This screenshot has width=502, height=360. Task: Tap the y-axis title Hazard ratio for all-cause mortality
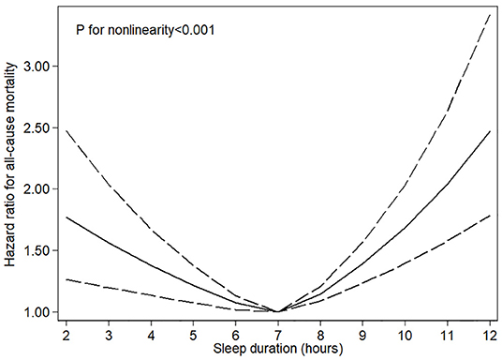(10, 164)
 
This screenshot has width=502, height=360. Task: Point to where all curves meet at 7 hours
(277, 311)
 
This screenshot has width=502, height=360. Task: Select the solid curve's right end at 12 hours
(489, 131)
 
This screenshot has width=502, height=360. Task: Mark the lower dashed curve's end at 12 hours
(489, 215)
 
